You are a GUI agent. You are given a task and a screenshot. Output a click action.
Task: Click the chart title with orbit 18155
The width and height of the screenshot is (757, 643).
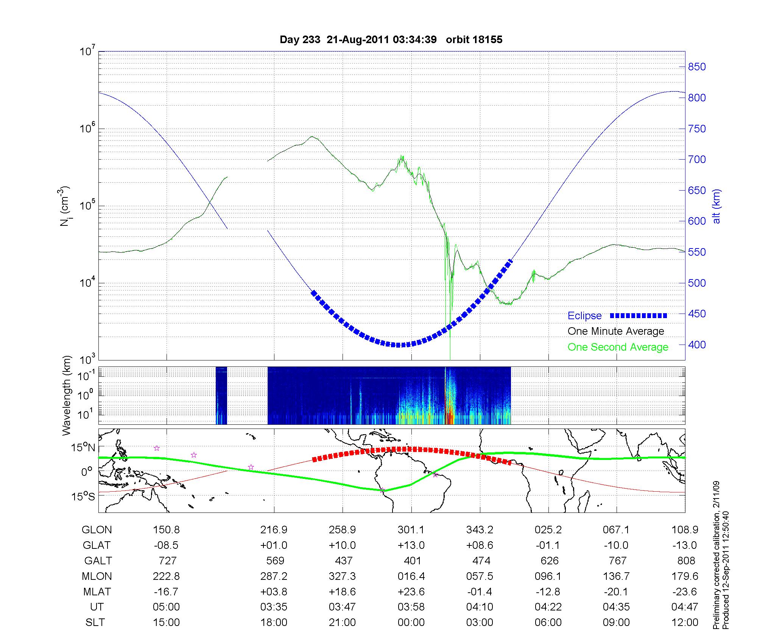tap(391, 40)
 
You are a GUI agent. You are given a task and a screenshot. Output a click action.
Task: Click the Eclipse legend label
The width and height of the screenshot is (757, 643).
tap(584, 316)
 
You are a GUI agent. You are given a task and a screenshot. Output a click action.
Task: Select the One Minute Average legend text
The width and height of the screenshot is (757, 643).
tap(616, 331)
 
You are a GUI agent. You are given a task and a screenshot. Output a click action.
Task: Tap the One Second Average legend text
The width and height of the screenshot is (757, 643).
tap(618, 347)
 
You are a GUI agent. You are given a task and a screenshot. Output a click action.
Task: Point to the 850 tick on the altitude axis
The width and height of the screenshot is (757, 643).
tap(696, 67)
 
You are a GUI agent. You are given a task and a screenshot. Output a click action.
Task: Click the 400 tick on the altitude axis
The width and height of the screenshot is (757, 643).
tap(696, 345)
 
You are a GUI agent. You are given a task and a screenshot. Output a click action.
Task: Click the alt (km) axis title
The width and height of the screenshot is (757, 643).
tap(717, 206)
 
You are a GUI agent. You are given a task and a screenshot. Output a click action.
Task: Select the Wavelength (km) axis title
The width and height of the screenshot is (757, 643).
tap(67, 396)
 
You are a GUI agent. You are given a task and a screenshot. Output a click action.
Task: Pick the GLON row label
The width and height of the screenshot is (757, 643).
tap(97, 530)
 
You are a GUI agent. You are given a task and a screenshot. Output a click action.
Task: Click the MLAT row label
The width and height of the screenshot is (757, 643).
tap(97, 592)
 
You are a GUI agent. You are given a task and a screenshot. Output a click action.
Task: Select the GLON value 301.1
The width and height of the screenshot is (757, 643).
tap(411, 530)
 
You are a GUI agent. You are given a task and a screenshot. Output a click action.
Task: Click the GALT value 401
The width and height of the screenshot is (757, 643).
tap(412, 561)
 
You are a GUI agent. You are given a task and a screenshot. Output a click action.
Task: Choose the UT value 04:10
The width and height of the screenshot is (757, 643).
tap(480, 607)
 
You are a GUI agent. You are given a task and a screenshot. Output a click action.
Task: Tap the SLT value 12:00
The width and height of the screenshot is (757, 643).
tap(685, 623)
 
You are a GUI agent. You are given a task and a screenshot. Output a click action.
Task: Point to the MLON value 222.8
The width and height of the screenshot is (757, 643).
tap(166, 576)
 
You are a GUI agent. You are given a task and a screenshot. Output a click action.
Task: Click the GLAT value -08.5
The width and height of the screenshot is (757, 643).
tap(166, 545)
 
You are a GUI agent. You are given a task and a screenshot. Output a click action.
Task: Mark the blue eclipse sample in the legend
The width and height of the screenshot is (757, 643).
tap(638, 316)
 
